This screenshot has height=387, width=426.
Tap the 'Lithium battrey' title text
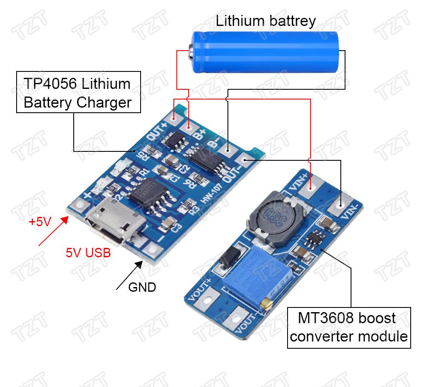(x=266, y=20)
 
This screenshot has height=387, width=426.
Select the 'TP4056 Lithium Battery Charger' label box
(x=78, y=92)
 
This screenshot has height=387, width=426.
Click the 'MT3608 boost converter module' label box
(x=349, y=327)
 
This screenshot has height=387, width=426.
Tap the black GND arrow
(x=130, y=276)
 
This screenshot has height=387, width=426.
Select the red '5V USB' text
(x=88, y=253)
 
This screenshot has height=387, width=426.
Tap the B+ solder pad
(x=188, y=125)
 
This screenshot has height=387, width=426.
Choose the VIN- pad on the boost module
(x=340, y=205)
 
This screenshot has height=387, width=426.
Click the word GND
(x=142, y=287)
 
